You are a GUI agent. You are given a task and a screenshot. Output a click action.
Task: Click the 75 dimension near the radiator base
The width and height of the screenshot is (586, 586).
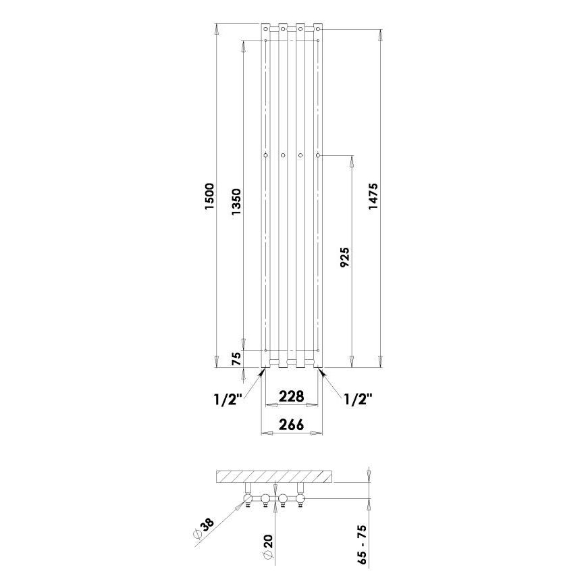(236, 359)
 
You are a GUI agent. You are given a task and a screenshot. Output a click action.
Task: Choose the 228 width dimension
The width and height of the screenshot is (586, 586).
(292, 396)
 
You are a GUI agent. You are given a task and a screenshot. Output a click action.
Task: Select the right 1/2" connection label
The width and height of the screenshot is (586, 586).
(358, 399)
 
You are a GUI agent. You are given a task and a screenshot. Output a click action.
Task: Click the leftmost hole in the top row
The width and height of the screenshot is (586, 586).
(266, 29)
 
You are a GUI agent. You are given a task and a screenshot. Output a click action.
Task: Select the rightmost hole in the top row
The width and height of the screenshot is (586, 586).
(317, 29)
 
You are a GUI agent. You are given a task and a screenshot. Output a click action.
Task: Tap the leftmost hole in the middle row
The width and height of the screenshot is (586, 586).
(266, 156)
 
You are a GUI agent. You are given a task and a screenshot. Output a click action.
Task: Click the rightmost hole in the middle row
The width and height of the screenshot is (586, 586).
(317, 156)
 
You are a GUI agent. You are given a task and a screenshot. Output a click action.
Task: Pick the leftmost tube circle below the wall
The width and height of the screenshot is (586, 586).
(248, 500)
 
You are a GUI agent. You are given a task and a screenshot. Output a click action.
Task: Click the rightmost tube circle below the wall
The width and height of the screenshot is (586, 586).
(300, 500)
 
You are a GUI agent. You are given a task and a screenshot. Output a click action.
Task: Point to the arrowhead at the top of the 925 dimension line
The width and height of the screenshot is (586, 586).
(351, 161)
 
